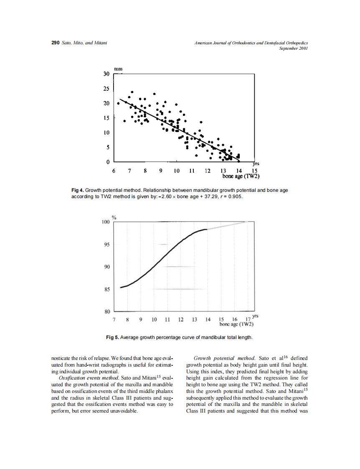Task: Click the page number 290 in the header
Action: [x=55, y=43]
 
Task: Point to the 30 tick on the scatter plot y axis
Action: [x=106, y=74]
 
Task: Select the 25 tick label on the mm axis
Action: [x=106, y=89]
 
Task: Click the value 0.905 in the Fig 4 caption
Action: [x=235, y=196]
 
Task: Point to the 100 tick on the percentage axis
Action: [x=105, y=222]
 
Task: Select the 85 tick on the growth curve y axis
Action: [x=106, y=289]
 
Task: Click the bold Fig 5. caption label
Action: [x=113, y=337]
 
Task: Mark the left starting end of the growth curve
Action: [x=121, y=287]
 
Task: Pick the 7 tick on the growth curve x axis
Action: [x=114, y=319]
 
